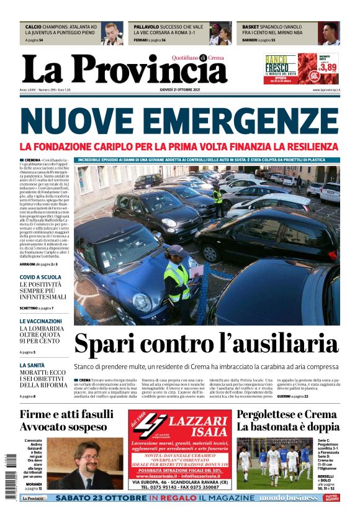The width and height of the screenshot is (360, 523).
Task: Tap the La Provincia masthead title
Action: [x=124, y=70]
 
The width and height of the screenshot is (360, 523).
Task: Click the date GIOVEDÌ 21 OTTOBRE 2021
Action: [x=179, y=90]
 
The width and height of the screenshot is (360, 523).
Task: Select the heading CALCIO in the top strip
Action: [x=35, y=27]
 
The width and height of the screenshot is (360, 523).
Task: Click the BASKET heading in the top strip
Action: [x=251, y=27]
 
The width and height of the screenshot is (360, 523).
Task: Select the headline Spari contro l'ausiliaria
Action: [x=205, y=343]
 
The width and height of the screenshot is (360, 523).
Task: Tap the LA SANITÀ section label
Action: [x=32, y=365]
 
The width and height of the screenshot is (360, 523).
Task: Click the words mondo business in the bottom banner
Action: [x=288, y=498]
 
